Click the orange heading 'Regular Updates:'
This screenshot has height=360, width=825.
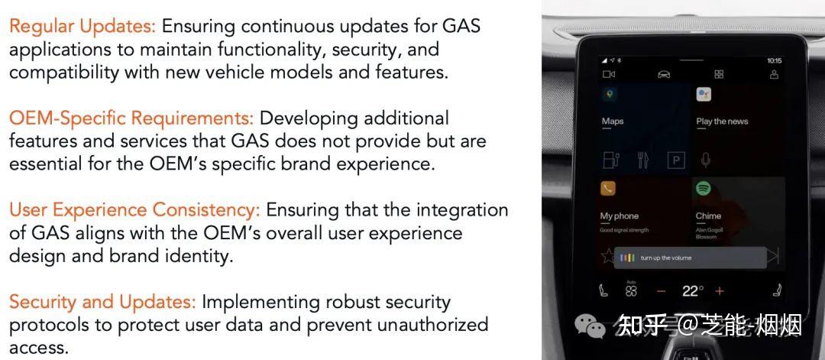(x=82, y=27)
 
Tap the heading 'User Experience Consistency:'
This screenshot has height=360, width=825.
(x=134, y=210)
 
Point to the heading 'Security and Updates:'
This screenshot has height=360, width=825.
(x=102, y=302)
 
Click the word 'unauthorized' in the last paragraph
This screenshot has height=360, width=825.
(x=420, y=324)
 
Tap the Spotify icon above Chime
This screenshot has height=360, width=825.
(x=704, y=188)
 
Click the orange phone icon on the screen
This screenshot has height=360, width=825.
(x=608, y=188)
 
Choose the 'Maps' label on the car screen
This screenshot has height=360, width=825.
(x=613, y=122)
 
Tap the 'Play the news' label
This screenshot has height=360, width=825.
(x=722, y=122)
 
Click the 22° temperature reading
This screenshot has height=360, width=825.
(x=693, y=291)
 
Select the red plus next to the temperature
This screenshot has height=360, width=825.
(x=719, y=291)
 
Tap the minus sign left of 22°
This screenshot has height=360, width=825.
(x=662, y=291)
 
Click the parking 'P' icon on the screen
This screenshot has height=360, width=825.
(x=676, y=161)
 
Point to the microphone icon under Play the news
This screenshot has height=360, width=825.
(x=706, y=161)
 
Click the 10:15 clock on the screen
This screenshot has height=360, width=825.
(x=774, y=60)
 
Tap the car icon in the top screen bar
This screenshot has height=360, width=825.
(x=663, y=74)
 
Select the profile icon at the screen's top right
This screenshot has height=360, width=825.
(x=774, y=74)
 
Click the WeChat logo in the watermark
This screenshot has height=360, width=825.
(x=590, y=326)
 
